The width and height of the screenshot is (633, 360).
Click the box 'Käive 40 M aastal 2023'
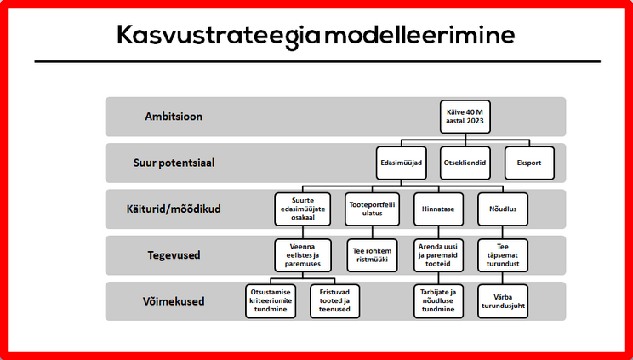tap(465, 117)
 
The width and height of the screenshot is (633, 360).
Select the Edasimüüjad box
tap(400, 163)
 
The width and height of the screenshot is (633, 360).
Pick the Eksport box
tap(529, 163)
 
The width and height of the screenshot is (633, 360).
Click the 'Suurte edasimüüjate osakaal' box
tap(297, 208)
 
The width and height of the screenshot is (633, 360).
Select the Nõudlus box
tap(509, 208)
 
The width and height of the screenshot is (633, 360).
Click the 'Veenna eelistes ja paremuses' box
tap(297, 253)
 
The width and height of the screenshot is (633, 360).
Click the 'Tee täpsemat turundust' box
tap(509, 253)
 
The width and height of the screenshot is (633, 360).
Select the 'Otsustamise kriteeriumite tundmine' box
tap(270, 300)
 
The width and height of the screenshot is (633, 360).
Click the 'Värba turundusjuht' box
tap(509, 300)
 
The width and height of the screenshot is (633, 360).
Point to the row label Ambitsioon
tap(173, 117)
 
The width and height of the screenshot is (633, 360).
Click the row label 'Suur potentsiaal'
tap(173, 163)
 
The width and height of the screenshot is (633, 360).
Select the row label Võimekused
tap(173, 300)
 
